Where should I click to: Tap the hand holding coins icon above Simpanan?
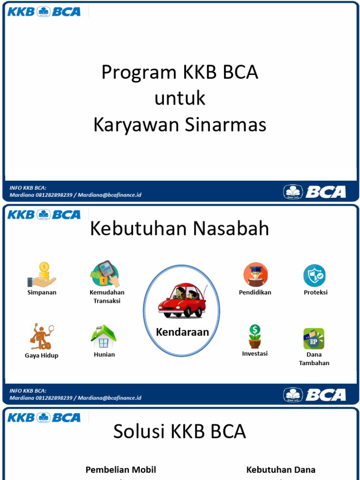[42, 275]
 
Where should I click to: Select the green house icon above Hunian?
[104, 336]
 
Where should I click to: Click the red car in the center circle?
[181, 300]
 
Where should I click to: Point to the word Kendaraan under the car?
[182, 332]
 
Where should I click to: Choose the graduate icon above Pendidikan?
[255, 275]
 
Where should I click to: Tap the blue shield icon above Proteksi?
[314, 275]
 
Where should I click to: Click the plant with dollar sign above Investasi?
[255, 336]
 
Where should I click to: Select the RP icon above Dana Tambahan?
[314, 338]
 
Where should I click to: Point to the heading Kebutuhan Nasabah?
[180, 229]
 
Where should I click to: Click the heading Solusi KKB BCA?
[180, 432]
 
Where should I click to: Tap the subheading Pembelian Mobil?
[120, 470]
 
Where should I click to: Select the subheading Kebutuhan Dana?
[281, 470]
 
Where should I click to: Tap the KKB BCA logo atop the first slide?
[44, 11]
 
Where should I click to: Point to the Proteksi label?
[315, 292]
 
